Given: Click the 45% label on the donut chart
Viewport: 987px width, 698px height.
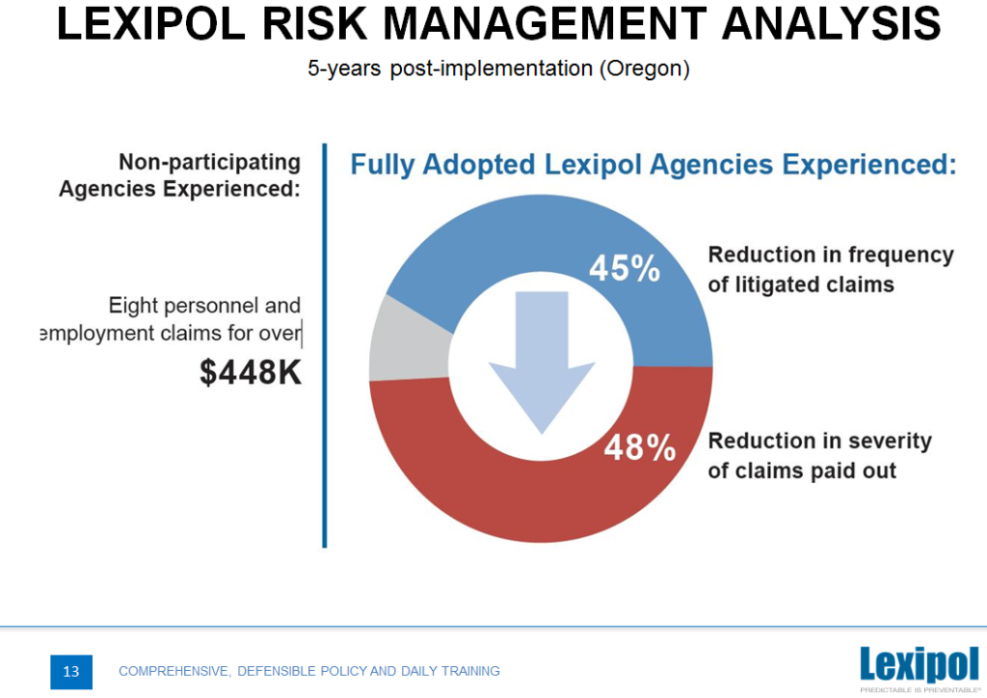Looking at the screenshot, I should point(624,268).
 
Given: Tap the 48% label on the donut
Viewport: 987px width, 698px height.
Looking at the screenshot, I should point(639,448).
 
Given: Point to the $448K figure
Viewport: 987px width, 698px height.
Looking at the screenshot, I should point(251,372).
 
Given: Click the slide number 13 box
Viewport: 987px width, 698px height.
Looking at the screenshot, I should point(71,671).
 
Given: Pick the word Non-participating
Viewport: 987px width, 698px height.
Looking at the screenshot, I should point(209,162).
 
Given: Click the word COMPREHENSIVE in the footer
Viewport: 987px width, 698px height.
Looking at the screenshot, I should point(172,671).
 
